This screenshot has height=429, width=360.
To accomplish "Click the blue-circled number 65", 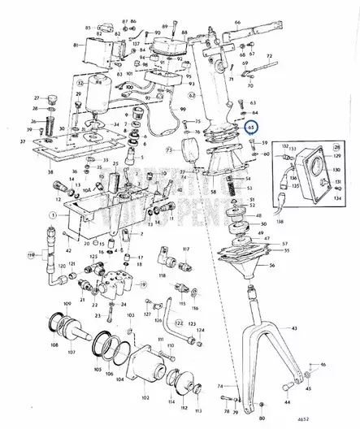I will click(251, 127).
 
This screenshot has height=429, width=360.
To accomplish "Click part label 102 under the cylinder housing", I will click(145, 397).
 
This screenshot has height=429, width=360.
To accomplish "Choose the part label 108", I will click(54, 378).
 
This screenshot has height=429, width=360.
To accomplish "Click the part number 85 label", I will click(87, 28).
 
